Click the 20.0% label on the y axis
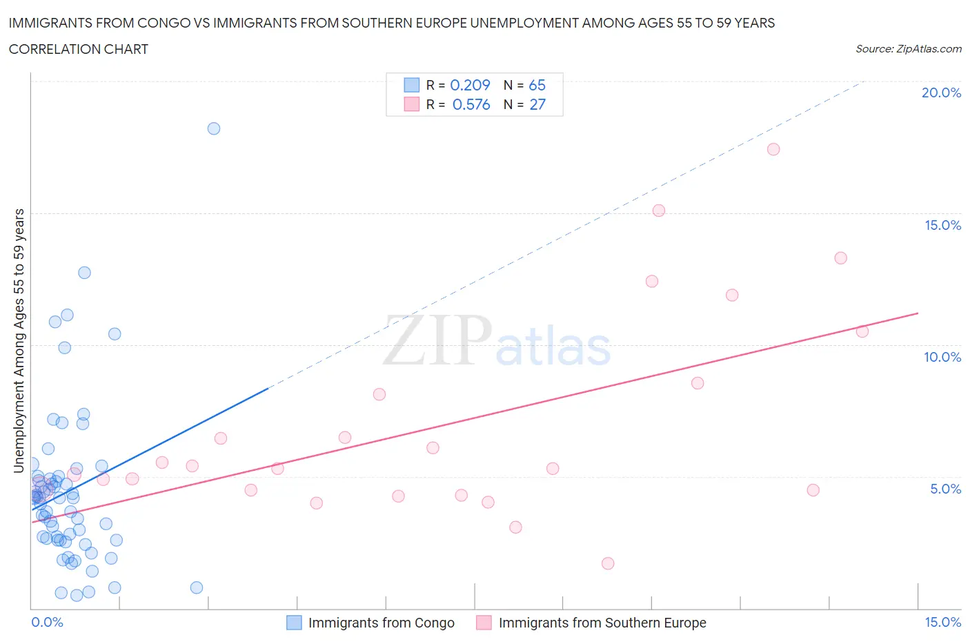pyautogui.click(x=941, y=93)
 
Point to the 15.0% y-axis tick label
pyautogui.click(x=942, y=225)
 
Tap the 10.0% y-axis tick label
pyautogui.click(x=942, y=357)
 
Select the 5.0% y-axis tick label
pyautogui.click(x=945, y=489)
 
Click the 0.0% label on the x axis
pyautogui.click(x=47, y=622)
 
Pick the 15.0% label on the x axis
pyautogui.click(x=942, y=622)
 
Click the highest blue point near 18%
pyautogui.click(x=214, y=128)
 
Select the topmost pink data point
pyautogui.click(x=773, y=149)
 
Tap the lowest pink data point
pyautogui.click(x=608, y=563)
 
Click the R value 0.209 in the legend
pyautogui.click(x=470, y=85)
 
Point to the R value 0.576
pyautogui.click(x=471, y=104)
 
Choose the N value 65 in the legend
pyautogui.click(x=537, y=85)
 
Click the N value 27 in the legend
pyautogui.click(x=537, y=104)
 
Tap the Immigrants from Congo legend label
pyautogui.click(x=381, y=623)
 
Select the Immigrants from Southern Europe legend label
pyautogui.click(x=602, y=623)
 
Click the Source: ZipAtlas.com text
pyautogui.click(x=908, y=48)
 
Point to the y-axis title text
pyautogui.click(x=19, y=340)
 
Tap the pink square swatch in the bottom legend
pyautogui.click(x=484, y=623)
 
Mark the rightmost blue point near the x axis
pyautogui.click(x=197, y=587)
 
